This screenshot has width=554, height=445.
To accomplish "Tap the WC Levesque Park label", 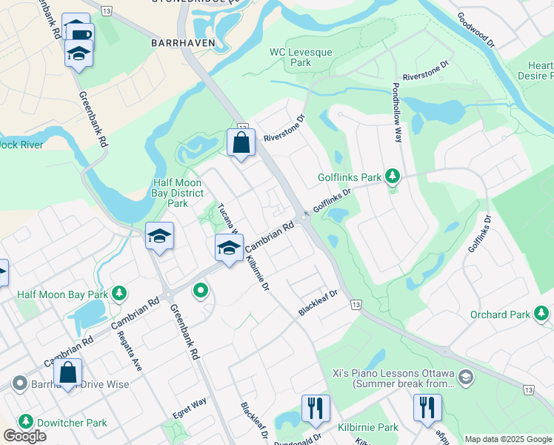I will coord(301,58).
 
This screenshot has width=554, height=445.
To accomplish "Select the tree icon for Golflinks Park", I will coord(393,177).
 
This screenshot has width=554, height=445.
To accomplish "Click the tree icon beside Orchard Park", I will coord(541,314).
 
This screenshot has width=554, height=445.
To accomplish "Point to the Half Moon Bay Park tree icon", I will coord(118,294).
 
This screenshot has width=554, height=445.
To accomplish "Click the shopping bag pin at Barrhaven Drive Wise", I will coord(67,373).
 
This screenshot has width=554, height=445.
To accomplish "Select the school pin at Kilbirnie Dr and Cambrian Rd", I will coord(230,248).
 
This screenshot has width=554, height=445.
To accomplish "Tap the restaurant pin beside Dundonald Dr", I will coord(316,409).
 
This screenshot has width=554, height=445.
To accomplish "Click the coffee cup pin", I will coord(79,34).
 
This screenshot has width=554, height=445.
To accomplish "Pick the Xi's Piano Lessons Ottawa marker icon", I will coord(465,376).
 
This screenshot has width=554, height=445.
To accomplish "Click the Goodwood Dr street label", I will coord(476,30).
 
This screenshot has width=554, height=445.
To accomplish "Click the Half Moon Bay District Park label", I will coord(178,193).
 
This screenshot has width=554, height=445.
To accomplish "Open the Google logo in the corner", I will coord(24,436).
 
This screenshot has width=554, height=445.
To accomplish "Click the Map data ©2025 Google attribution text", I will coord(507,439).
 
